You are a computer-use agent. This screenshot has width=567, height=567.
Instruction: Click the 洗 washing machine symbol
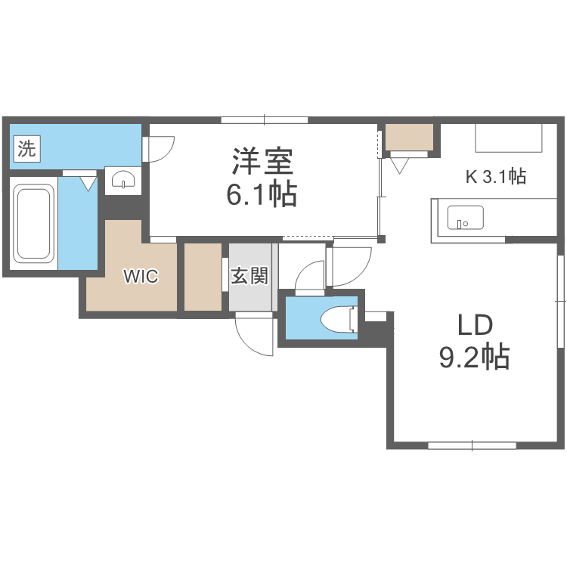[26, 148]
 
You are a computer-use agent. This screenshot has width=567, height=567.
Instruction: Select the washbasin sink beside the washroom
[122, 180]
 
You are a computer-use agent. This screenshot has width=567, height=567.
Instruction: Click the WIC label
[141, 277]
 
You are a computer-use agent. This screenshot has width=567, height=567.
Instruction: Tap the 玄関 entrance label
[249, 276]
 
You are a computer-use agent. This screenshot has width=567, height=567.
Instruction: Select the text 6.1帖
[261, 195]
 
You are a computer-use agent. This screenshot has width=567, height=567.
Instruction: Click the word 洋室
[262, 162]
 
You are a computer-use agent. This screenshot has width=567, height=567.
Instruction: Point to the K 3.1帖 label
[495, 177]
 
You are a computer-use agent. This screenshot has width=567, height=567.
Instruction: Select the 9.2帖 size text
[474, 356]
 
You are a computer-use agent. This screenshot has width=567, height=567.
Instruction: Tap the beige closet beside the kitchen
[408, 137]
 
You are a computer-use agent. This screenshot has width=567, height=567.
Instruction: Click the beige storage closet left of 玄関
[203, 277]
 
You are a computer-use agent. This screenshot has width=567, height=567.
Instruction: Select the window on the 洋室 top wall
[265, 119]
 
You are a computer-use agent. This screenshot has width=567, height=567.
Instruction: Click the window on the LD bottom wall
[472, 445]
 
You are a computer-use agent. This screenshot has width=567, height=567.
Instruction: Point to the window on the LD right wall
[561, 301]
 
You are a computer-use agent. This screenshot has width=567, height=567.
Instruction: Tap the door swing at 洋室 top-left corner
[160, 148]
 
